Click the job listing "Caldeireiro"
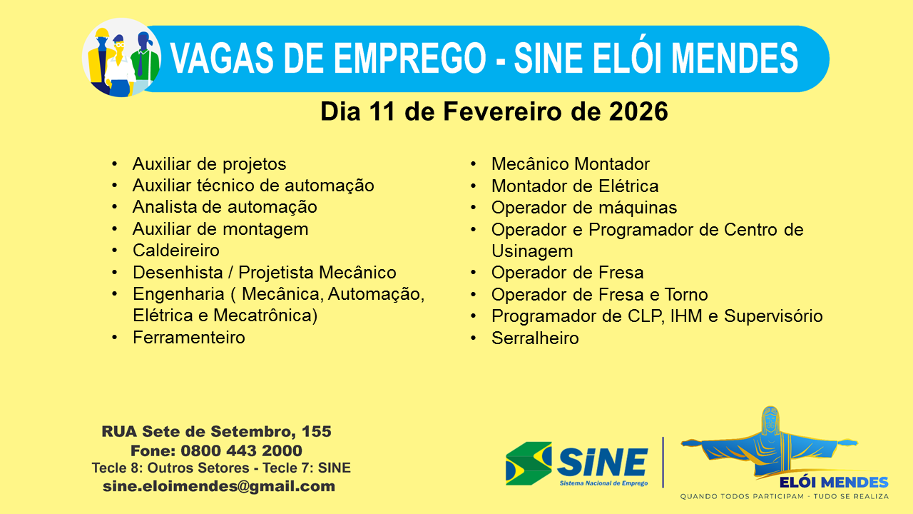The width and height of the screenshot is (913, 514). [175, 251]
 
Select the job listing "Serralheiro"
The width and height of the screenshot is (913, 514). [535, 338]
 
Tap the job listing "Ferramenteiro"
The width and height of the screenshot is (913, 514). [188, 338]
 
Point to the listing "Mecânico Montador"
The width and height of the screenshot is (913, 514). [570, 164]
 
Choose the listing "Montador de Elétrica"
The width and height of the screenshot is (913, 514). [574, 186]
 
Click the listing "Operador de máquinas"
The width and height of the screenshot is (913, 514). [583, 208]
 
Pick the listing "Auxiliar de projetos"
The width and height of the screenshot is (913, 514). [209, 164]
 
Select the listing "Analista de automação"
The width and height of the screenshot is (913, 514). [225, 207]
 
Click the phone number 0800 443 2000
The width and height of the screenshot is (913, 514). [241, 451]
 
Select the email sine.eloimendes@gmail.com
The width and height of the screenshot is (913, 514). [218, 486]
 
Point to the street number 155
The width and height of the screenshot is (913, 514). [316, 432]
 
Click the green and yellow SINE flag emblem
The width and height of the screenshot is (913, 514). [528, 463]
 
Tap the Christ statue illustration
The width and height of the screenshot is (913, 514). [769, 443]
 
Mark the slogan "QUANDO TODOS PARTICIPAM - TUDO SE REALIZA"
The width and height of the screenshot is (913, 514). [784, 496]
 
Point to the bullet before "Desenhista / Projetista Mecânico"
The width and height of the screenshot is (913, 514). [115, 273]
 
